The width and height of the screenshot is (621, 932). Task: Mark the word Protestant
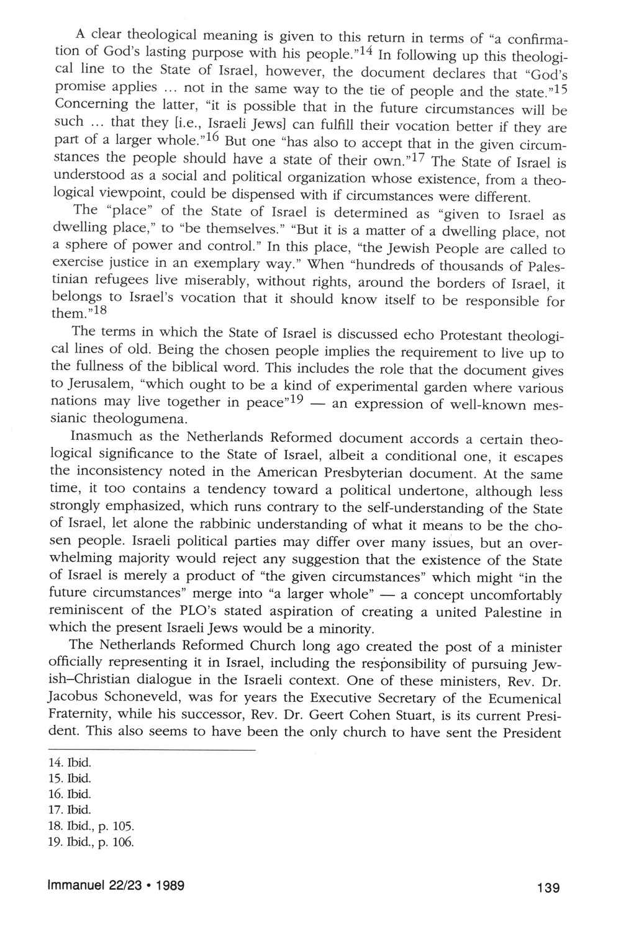[476, 336]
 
